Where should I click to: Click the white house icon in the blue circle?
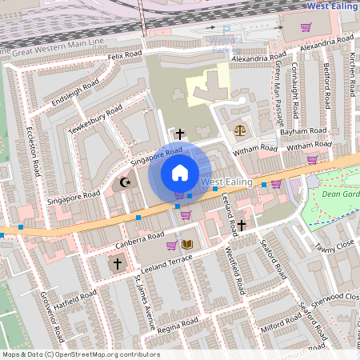click(180, 172)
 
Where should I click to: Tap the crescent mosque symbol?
click(124, 182)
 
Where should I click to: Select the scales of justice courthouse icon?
click(238, 128)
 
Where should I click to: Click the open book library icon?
click(188, 245)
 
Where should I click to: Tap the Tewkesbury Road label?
click(95, 119)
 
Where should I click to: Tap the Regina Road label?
click(178, 326)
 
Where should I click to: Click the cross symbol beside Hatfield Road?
click(118, 263)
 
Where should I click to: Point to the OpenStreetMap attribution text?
click(81, 354)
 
